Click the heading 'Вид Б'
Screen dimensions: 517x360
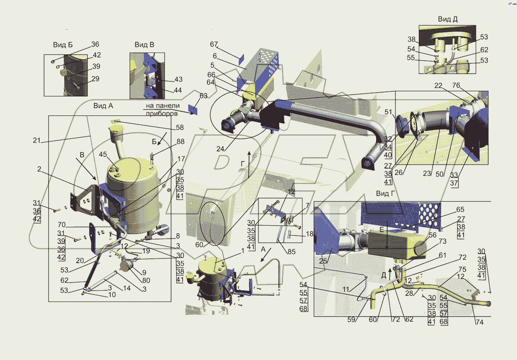[63, 44]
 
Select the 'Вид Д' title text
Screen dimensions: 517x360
[448, 19]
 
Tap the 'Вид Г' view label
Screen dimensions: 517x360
[386, 193]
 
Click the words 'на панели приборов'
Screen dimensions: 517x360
[162, 109]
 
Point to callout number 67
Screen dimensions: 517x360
[214, 44]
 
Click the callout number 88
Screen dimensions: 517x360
[181, 141]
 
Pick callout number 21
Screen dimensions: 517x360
[37, 140]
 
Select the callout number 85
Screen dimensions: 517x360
[292, 251]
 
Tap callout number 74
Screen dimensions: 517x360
[480, 322]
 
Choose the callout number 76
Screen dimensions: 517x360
[456, 85]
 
